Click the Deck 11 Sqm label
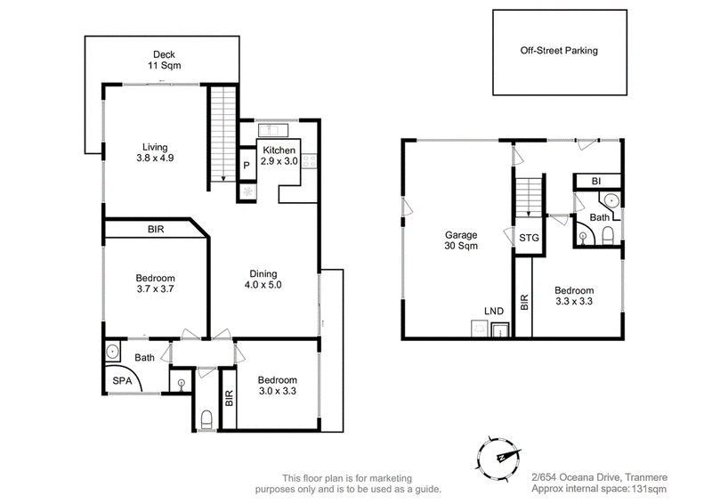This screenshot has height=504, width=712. click(x=164, y=60)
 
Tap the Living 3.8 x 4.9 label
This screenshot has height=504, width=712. click(x=155, y=152)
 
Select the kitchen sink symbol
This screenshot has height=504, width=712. click(x=273, y=130)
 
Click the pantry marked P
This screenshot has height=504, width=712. click(x=247, y=165)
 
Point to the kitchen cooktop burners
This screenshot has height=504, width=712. click(x=309, y=161)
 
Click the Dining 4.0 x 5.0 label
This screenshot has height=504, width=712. click(x=263, y=280)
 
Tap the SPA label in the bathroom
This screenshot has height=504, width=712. click(x=122, y=381)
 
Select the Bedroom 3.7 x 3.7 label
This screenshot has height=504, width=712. click(x=155, y=283)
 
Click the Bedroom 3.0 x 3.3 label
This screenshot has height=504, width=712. click(x=278, y=386)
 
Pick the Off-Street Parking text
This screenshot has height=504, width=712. click(x=559, y=51)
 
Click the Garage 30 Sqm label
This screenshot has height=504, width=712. click(x=461, y=240)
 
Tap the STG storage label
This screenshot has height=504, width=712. click(x=529, y=238)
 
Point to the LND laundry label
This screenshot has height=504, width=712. click(x=494, y=312)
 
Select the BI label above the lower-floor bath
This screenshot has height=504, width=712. click(x=596, y=182)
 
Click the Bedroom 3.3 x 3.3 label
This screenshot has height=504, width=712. click(x=574, y=296)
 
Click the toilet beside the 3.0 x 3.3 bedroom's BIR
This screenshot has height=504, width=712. click(x=206, y=419)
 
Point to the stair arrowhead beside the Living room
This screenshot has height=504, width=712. click(x=223, y=179)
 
